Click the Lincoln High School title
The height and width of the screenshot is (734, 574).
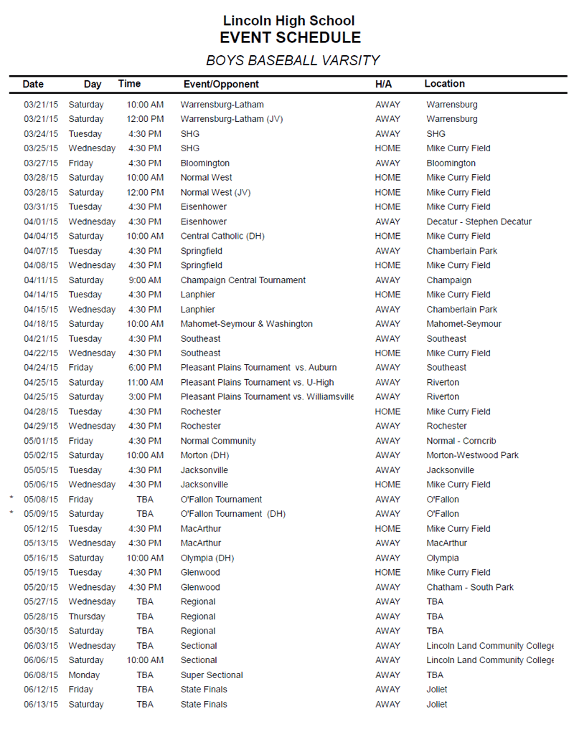pos(288,21)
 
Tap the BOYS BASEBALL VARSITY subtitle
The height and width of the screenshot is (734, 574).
pos(292,61)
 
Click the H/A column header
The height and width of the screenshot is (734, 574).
pos(383,85)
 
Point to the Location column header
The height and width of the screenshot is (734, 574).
pos(444,84)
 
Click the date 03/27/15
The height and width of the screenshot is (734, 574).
pos(41,163)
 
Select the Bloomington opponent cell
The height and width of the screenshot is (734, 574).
pos(204,163)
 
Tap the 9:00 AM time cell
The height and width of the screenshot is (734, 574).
pos(145,280)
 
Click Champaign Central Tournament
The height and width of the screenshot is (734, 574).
pos(243,280)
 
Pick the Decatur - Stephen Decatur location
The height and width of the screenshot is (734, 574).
pos(479,221)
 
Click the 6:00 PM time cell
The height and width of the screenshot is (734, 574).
pos(145,368)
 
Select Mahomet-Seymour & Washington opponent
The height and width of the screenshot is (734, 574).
pos(246,324)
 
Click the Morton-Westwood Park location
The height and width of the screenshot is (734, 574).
pos(472,455)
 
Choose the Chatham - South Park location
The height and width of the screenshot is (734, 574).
pos(470,587)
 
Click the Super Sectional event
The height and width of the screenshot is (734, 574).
pos(211,675)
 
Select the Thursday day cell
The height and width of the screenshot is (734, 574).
pos(86,616)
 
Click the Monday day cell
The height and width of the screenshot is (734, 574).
pos(84,675)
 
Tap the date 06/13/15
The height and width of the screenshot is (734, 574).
pos(41,704)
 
